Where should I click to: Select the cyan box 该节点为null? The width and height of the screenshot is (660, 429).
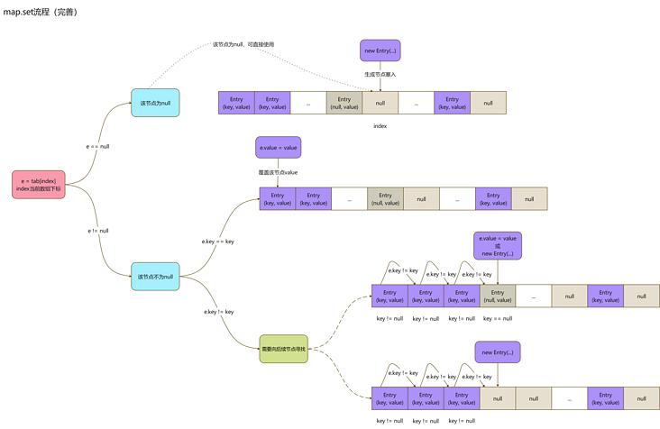point(154,104)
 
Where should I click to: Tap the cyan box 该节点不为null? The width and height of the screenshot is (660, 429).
point(154,276)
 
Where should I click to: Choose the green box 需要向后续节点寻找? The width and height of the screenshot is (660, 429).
point(283,348)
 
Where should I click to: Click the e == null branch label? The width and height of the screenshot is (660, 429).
point(97,145)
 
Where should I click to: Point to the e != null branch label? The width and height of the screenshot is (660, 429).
point(97,231)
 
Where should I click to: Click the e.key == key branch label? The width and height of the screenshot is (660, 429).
point(218,242)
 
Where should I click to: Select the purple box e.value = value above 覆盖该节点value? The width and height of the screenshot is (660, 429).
point(278,148)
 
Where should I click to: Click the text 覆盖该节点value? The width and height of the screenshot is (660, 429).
point(278,171)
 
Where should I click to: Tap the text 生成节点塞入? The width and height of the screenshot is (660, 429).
point(380,74)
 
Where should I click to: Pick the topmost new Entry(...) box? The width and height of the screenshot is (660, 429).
point(380,50)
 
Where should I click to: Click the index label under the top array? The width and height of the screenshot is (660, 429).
point(380,126)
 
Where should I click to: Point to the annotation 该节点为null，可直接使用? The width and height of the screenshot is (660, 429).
point(243,44)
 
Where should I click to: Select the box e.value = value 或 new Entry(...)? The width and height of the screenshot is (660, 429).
point(497,246)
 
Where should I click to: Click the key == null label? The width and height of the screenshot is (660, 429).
point(497,318)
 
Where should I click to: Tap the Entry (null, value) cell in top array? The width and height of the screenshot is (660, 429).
point(344,103)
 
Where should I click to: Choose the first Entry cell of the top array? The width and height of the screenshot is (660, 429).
point(236,103)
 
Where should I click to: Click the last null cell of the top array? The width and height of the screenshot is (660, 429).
point(488,103)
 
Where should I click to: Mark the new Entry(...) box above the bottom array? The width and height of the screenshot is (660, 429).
point(497,352)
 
